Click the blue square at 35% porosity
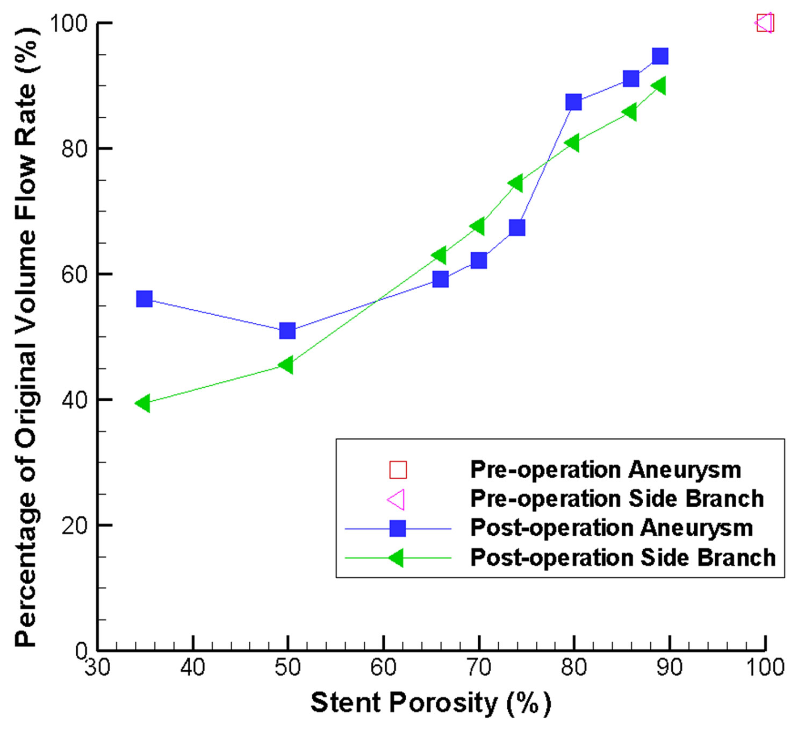coord(144,299)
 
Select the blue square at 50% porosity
coord(287,330)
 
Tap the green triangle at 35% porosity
coord(143,403)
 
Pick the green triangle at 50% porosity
coord(286,365)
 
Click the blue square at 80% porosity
coord(573,102)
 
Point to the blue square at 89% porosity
coord(660,56)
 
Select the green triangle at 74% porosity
coord(515,183)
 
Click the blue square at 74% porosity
coord(516,228)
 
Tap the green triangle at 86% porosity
coord(630,112)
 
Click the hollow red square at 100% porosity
coord(765,23)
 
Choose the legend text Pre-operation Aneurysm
coord(606,470)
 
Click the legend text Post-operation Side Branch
coord(623,557)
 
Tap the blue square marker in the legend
coord(397,528)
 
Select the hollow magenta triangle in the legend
coord(397,500)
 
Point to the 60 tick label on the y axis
coord(75,274)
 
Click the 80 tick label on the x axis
coord(574,668)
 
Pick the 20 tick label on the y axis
coord(75,526)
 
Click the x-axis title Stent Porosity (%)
coord(430,702)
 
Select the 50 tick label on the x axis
coord(287,668)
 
